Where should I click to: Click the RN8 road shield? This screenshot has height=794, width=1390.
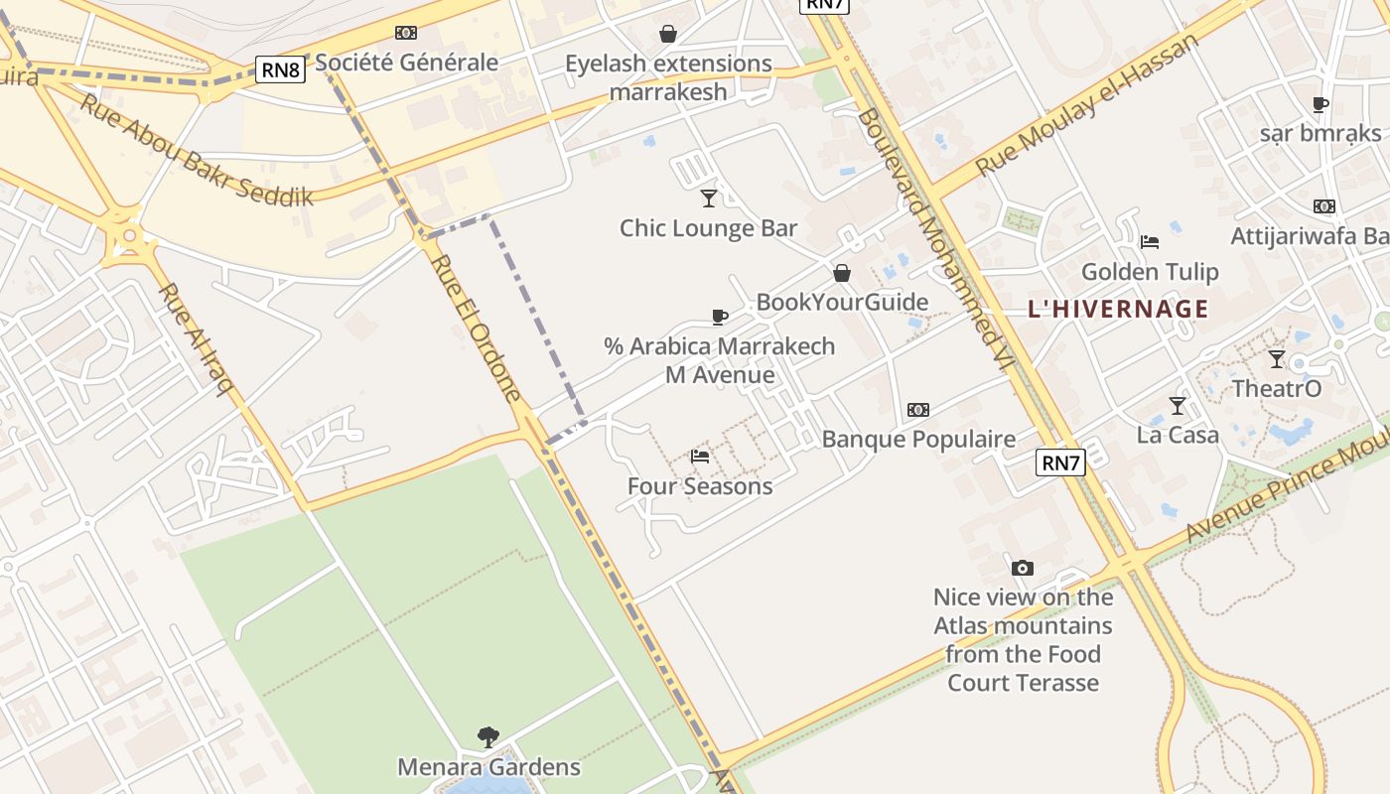[x=280, y=69]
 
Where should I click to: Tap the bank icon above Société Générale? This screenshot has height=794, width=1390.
[x=406, y=33]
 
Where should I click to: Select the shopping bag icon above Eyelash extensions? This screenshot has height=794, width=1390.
[x=668, y=34]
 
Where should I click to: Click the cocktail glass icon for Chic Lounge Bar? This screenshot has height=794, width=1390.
[x=708, y=198]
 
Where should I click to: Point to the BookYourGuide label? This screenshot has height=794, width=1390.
[x=842, y=303]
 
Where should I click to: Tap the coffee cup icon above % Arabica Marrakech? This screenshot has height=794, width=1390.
[x=720, y=318]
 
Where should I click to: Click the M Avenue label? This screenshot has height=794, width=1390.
[x=720, y=375]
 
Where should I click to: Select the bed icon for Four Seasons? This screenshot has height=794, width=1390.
[x=700, y=457]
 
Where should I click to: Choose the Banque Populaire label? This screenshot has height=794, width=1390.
[x=918, y=439]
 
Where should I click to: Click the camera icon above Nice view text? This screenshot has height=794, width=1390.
[x=1023, y=568]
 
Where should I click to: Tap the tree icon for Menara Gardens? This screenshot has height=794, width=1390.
[x=487, y=737]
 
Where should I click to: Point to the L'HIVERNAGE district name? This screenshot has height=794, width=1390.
[x=1118, y=309]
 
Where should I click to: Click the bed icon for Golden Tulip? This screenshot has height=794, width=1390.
[x=1150, y=241]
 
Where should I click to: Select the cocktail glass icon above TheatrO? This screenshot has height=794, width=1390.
[x=1277, y=359]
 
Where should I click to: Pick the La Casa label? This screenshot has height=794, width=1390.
[x=1178, y=435]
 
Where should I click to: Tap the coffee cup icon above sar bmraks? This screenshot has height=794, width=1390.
[x=1320, y=104]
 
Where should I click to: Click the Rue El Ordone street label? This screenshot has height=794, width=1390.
[x=477, y=328]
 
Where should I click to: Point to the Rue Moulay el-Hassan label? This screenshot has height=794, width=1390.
[x=1087, y=104]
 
